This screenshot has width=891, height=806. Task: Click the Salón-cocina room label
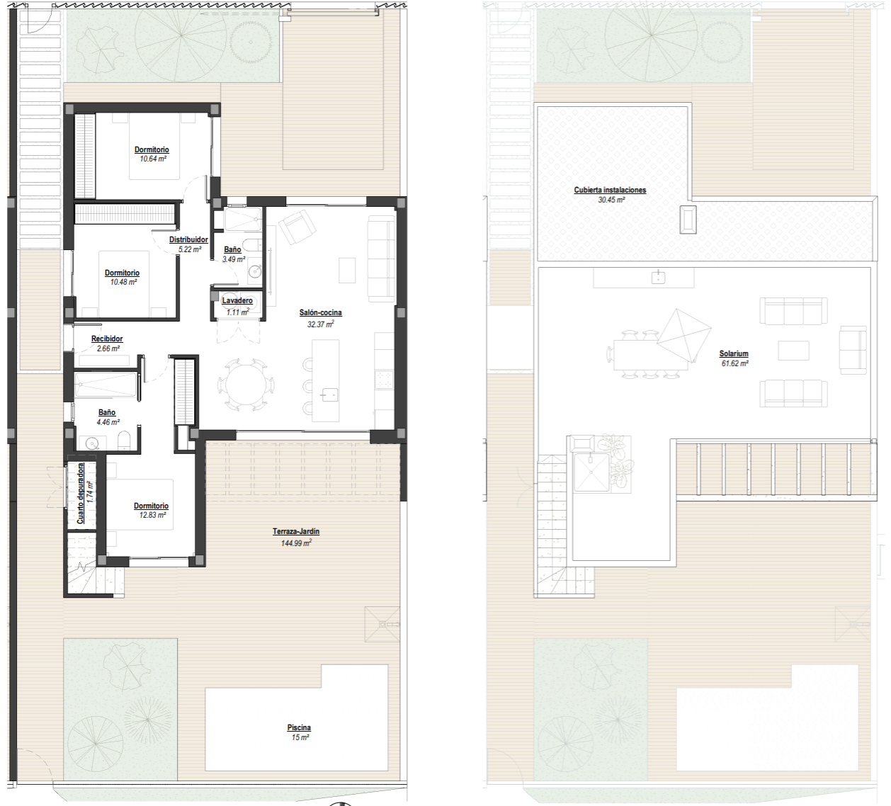[x=320, y=313]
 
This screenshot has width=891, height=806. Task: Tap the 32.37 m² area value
[x=320, y=324]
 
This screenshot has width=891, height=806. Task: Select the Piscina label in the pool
[x=299, y=728]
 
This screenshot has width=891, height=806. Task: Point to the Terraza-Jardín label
[x=296, y=531]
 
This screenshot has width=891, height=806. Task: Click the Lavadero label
[x=237, y=301]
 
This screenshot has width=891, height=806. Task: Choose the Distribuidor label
[x=188, y=240]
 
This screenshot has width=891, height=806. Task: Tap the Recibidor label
[x=107, y=339]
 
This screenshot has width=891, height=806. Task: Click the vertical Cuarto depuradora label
[x=81, y=494]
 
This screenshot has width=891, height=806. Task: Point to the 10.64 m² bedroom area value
[x=153, y=159]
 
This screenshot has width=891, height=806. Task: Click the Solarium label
[x=734, y=353]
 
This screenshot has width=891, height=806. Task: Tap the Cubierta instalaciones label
[x=610, y=191]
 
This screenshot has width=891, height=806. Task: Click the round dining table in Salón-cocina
[x=246, y=385]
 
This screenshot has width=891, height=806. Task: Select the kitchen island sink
[x=329, y=395]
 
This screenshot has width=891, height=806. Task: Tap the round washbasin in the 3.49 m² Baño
[x=255, y=271]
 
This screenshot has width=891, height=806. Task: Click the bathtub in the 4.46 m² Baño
[x=106, y=385]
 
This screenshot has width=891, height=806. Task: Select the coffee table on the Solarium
[x=794, y=351]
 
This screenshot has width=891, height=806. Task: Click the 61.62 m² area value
[x=735, y=364]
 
